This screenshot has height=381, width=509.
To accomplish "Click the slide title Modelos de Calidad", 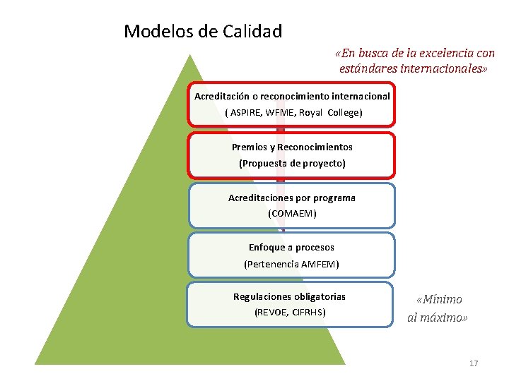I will (x=203, y=32).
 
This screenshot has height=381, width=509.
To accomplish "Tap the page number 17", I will (x=474, y=363).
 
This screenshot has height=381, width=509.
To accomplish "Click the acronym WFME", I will (x=281, y=113).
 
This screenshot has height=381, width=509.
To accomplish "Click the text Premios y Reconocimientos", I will (x=292, y=147).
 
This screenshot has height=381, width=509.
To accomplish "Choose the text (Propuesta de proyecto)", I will (x=292, y=164).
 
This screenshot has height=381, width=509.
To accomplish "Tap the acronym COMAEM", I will (x=292, y=214).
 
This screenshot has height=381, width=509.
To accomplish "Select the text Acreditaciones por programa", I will (x=292, y=198).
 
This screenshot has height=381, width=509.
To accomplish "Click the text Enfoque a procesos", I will (x=291, y=248).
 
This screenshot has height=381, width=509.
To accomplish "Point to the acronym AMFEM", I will (x=320, y=265).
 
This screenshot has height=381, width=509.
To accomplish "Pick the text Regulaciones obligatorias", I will (x=290, y=297).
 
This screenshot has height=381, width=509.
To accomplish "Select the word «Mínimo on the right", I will (x=439, y=300).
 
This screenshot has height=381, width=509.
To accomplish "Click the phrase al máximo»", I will (x=438, y=318).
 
